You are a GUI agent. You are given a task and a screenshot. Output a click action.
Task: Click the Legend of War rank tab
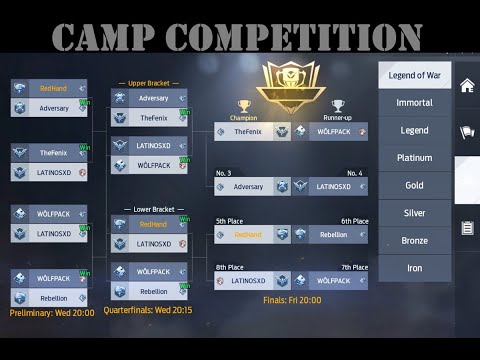[x=414, y=75]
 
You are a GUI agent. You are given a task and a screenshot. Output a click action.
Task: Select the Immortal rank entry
[x=414, y=103]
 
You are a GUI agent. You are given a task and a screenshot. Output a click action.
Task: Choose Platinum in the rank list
[x=414, y=158]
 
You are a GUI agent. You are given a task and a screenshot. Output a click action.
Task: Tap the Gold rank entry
[x=414, y=186]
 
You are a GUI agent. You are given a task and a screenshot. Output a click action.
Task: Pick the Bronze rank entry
[x=414, y=241]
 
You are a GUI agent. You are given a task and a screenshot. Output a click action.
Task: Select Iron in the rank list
[x=414, y=268]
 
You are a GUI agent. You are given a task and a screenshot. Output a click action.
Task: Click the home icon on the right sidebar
[x=467, y=86]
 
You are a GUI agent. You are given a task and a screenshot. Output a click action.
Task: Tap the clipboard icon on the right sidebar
[x=467, y=228]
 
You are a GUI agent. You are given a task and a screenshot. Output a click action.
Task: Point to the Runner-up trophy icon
[x=338, y=106]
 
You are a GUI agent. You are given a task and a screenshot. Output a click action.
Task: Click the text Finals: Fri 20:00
[x=292, y=299]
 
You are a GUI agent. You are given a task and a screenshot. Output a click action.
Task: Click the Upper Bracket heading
[x=149, y=83]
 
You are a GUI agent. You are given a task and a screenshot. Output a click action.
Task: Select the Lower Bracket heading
[x=149, y=210]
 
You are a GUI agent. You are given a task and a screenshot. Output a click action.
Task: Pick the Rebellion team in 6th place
[x=334, y=235]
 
